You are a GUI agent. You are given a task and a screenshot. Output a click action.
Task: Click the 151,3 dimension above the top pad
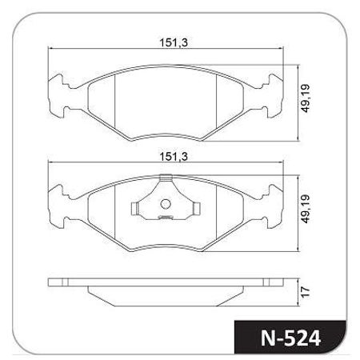pyautogui.click(x=174, y=42)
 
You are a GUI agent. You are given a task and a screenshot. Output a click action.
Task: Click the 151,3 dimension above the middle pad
pyautogui.click(x=174, y=156)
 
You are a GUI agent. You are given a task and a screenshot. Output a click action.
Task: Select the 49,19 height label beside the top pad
pyautogui.click(x=306, y=98)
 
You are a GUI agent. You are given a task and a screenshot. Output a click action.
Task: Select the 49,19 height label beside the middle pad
pyautogui.click(x=306, y=209)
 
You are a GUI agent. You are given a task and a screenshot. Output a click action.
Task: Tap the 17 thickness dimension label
pyautogui.click(x=306, y=292)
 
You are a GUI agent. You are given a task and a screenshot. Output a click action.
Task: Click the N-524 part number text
pyautogui.click(x=290, y=338)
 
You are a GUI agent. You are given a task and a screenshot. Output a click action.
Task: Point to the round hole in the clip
pyautogui.click(x=166, y=204)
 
